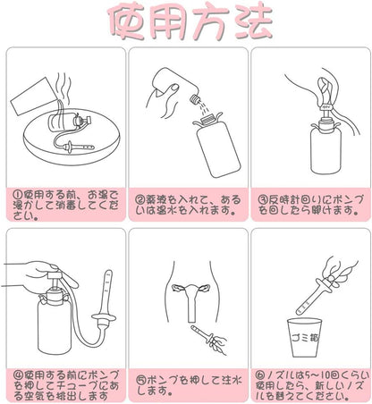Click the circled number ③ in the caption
(261, 194)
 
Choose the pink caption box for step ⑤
(186, 383)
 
